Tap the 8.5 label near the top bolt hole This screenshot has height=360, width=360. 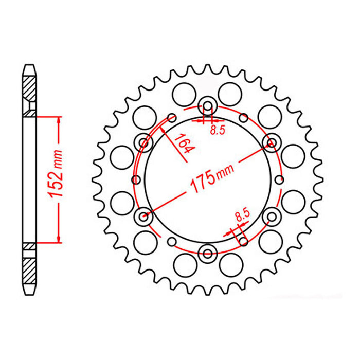click(x=217, y=130)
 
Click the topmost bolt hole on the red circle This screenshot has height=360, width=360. click(x=208, y=106)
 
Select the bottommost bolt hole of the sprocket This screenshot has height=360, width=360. click(x=208, y=252)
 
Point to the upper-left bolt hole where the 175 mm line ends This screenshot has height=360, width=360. click(x=144, y=142)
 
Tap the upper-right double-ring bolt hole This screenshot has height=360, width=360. click(x=271, y=142)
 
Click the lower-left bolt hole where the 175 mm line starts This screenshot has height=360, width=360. click(x=145, y=216)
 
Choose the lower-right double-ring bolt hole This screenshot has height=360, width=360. click(x=271, y=216)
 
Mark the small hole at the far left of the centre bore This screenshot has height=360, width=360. click(x=136, y=179)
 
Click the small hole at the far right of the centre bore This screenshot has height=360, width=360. click(x=280, y=179)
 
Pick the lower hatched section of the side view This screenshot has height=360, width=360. click(x=29, y=269)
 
